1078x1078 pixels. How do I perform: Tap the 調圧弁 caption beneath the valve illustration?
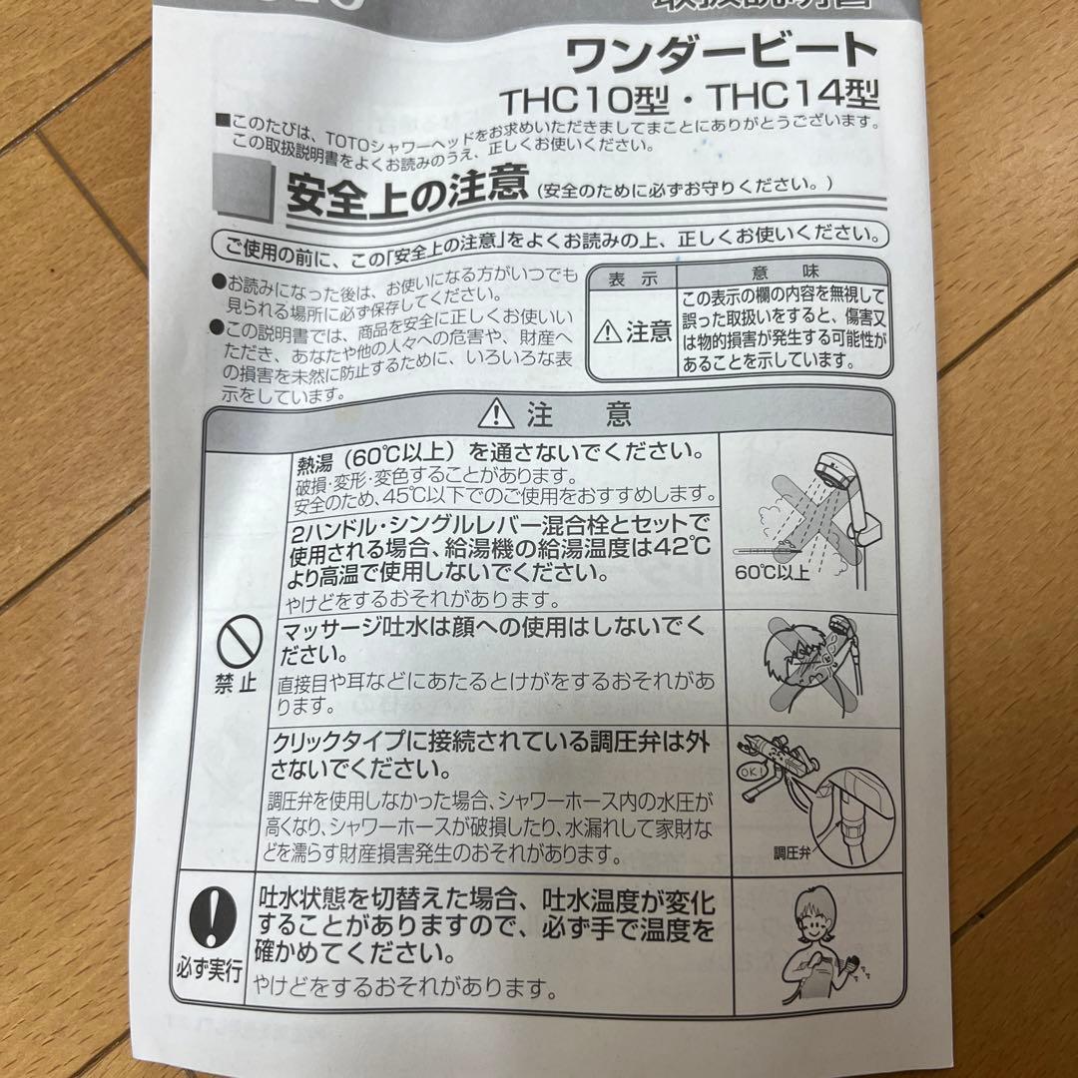794,853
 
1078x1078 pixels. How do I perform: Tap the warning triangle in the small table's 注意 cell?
607,332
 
